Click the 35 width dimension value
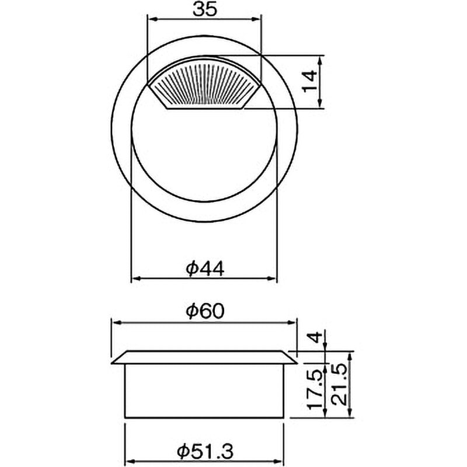(x=205, y=9)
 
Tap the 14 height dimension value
(x=310, y=81)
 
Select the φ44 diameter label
(x=205, y=269)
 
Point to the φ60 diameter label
(x=205, y=312)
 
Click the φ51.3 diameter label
(x=205, y=451)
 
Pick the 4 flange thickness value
(x=315, y=337)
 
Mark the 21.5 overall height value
(x=340, y=386)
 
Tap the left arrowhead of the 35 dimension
(x=152, y=19)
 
